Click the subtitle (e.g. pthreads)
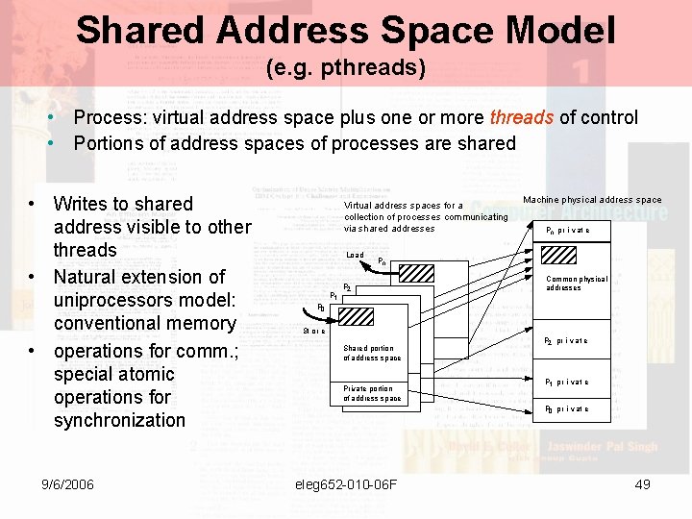click(345, 68)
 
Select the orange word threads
click(522, 117)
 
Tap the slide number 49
click(643, 484)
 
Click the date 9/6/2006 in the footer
click(62, 484)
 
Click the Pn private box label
click(567, 231)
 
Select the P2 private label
click(566, 341)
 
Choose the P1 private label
click(566, 383)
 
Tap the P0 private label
click(566, 409)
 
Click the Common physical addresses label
click(577, 284)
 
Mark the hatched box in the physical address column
click(559, 256)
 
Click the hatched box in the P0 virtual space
click(357, 317)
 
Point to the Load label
click(355, 255)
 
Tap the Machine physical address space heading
click(592, 200)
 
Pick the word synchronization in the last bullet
click(119, 420)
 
